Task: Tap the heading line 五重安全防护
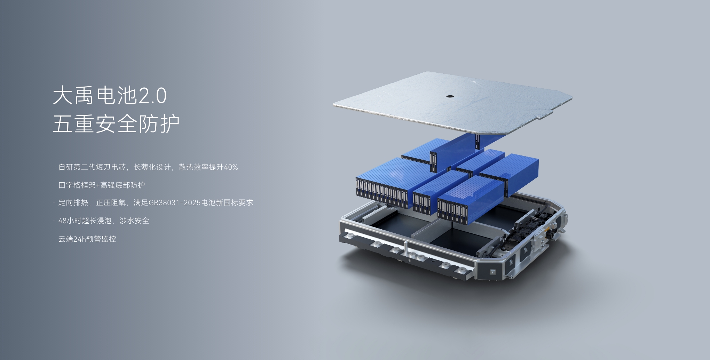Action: point(116,123)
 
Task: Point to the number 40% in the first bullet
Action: point(231,167)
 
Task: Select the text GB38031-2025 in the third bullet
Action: point(175,203)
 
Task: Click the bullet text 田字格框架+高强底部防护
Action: point(102,185)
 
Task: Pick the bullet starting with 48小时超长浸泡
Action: point(104,221)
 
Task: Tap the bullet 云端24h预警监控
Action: point(87,239)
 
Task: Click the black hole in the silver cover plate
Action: point(450,96)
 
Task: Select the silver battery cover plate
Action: point(452,103)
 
